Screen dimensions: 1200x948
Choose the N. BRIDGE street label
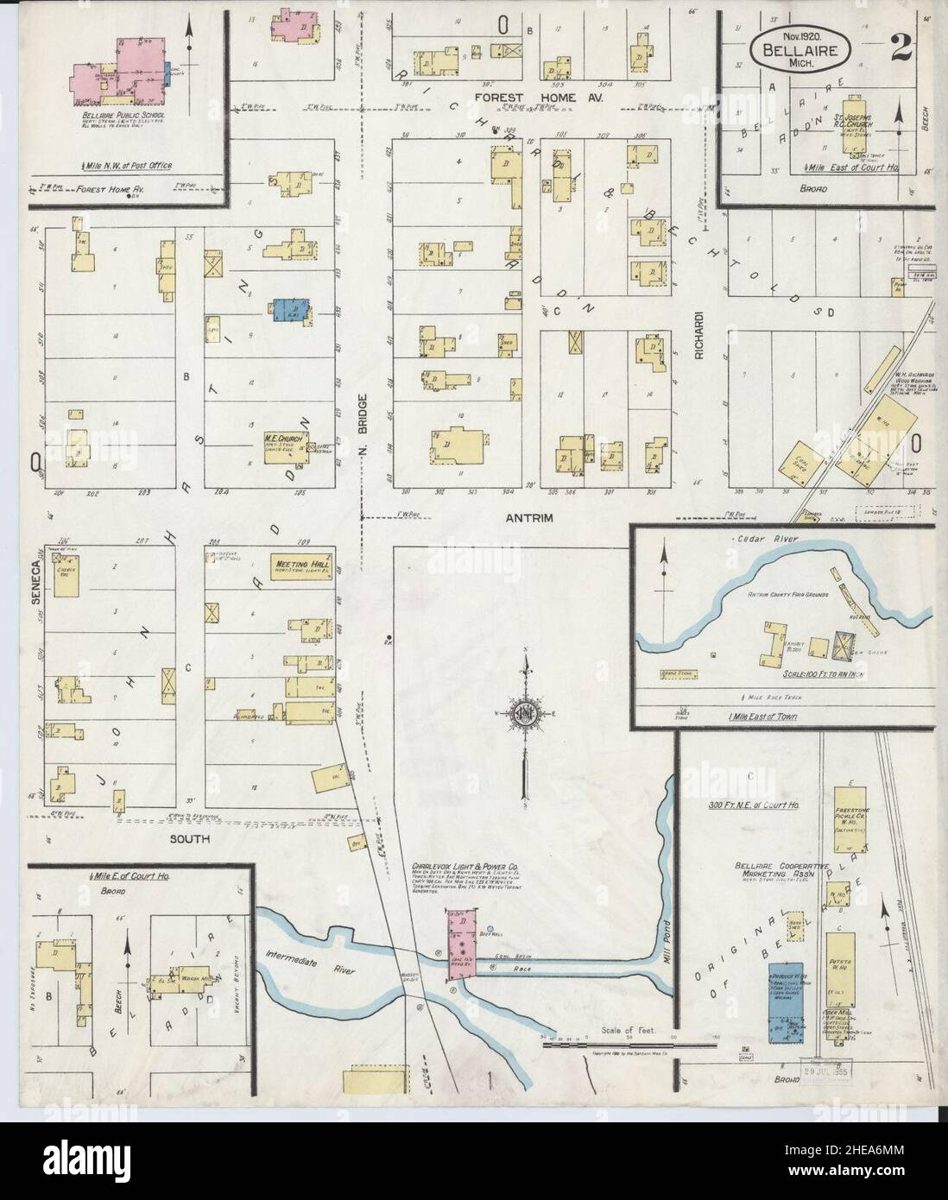point(365,419)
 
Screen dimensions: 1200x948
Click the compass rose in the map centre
point(525,713)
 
